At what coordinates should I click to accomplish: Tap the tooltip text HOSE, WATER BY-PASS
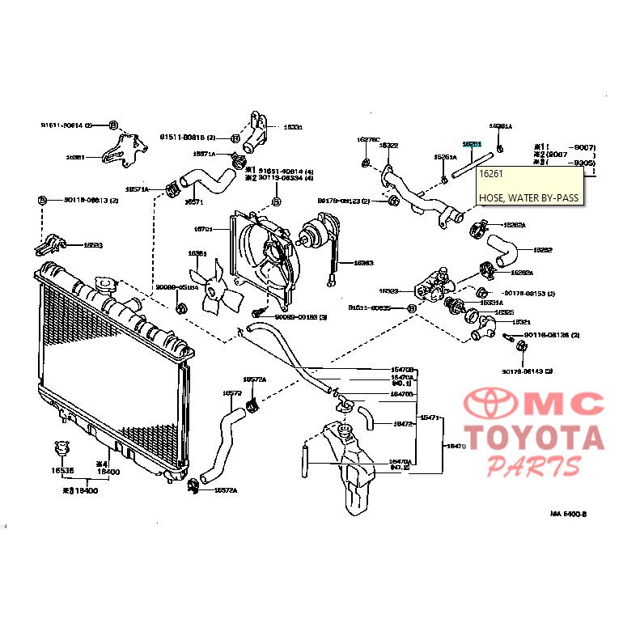pyautogui.click(x=528, y=197)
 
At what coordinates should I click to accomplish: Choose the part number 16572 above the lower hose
pyautogui.click(x=232, y=394)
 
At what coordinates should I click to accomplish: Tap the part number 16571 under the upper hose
pyautogui.click(x=194, y=202)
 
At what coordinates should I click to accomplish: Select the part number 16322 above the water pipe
pyautogui.click(x=389, y=146)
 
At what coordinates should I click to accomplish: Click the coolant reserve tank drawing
pyautogui.click(x=352, y=469)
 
